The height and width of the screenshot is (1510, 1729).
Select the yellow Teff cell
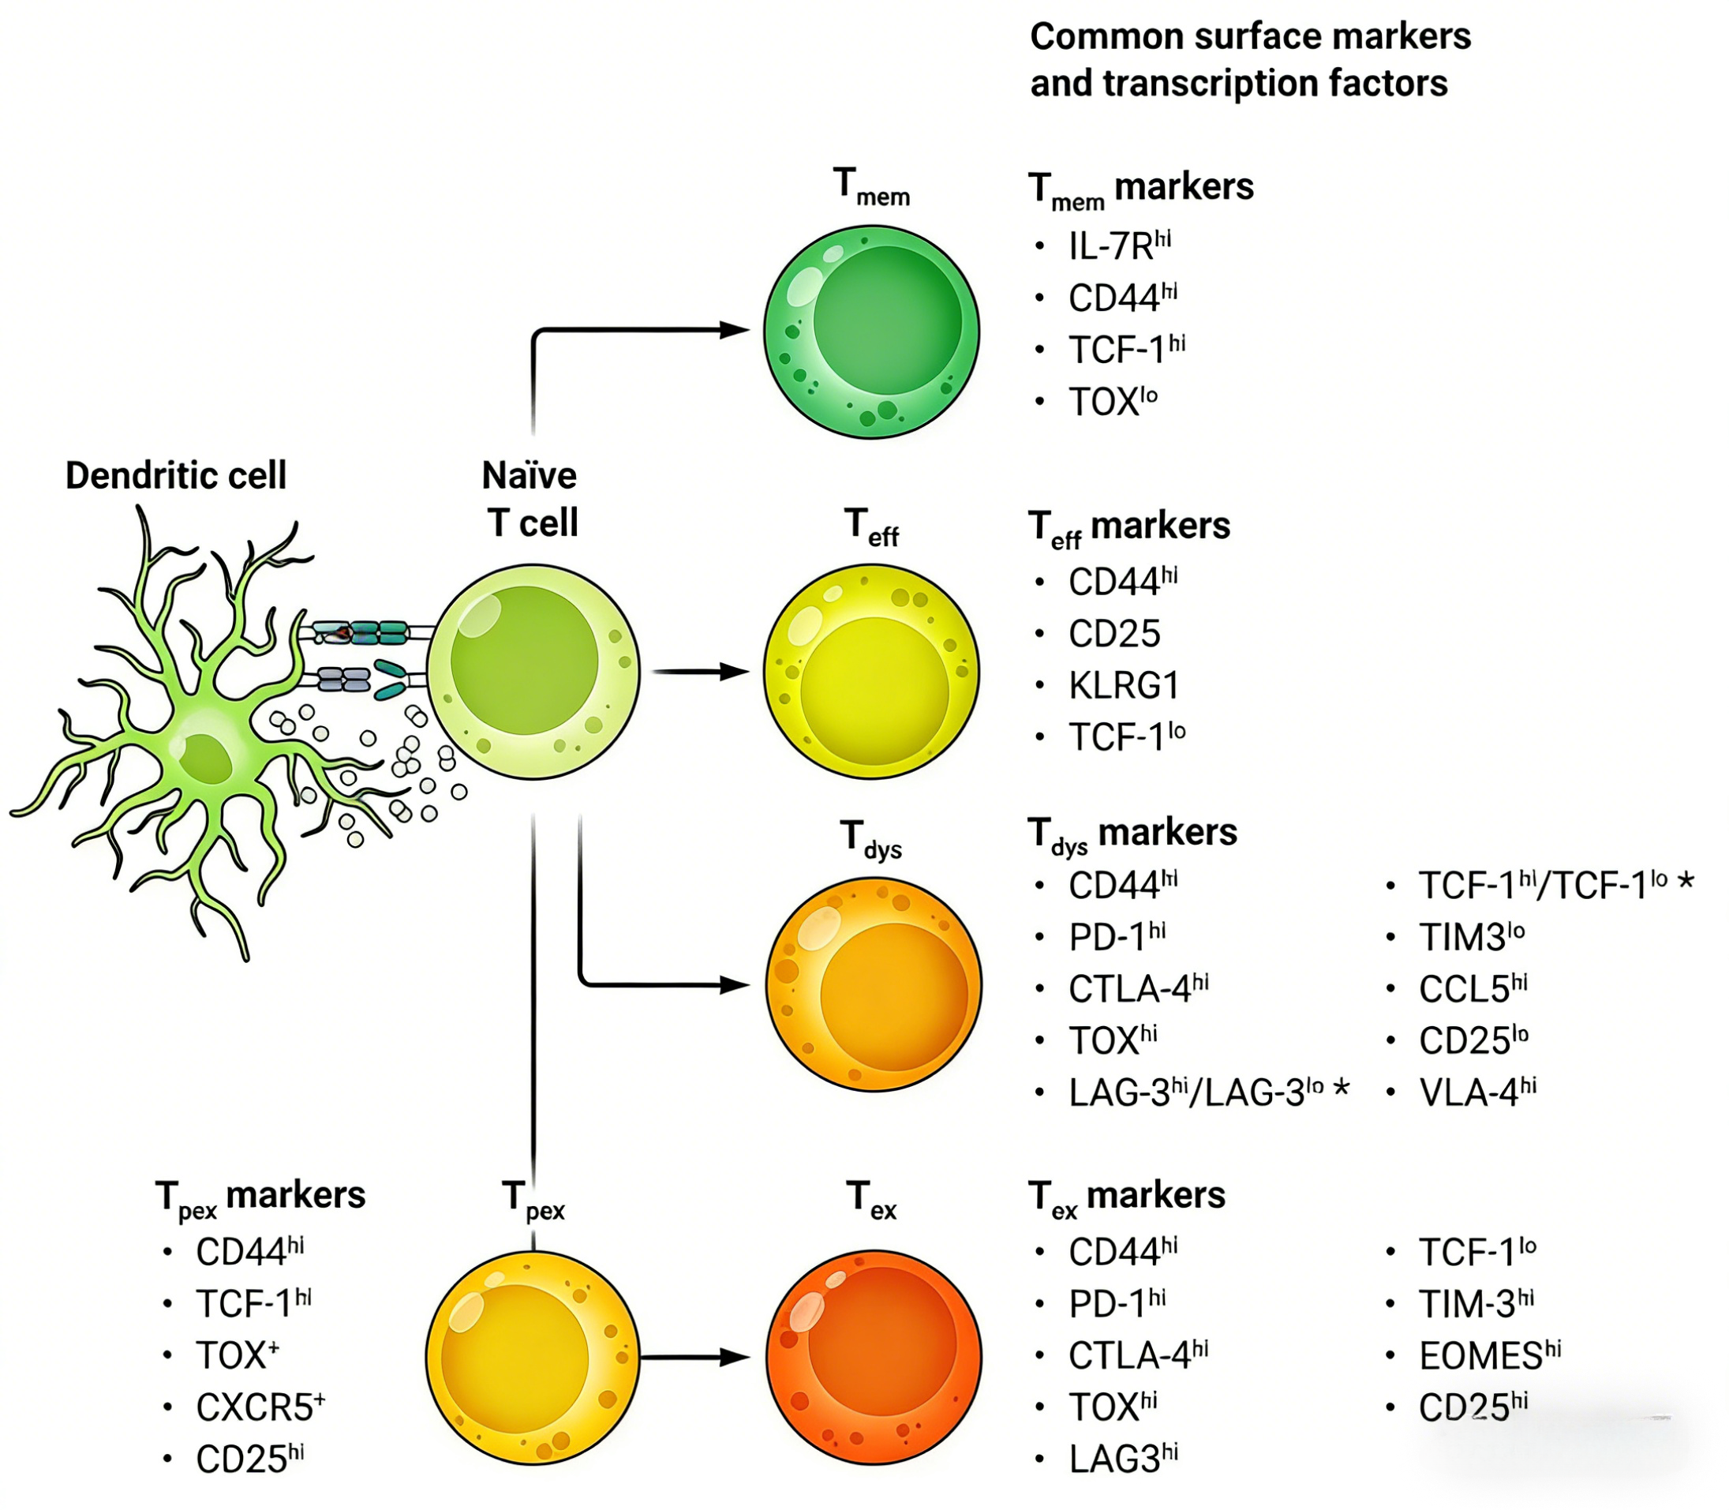coord(871,672)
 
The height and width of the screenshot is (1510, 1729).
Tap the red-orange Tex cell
coord(874,1358)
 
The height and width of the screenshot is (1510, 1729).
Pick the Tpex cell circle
coord(533,1358)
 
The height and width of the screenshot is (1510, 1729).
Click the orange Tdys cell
coord(874,984)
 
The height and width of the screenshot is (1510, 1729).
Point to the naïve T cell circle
coord(533,672)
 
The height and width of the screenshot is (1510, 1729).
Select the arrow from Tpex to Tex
coord(694,1358)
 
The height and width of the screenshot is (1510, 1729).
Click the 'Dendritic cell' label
coord(176,475)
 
